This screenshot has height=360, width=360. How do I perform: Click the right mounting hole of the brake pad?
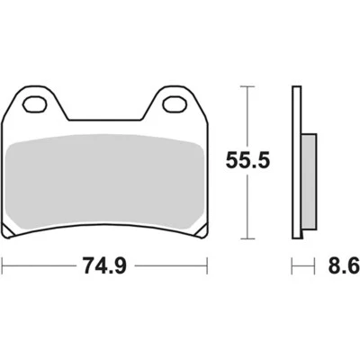coord(175,103)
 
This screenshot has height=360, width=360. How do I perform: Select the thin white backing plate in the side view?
coord(298,162)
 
